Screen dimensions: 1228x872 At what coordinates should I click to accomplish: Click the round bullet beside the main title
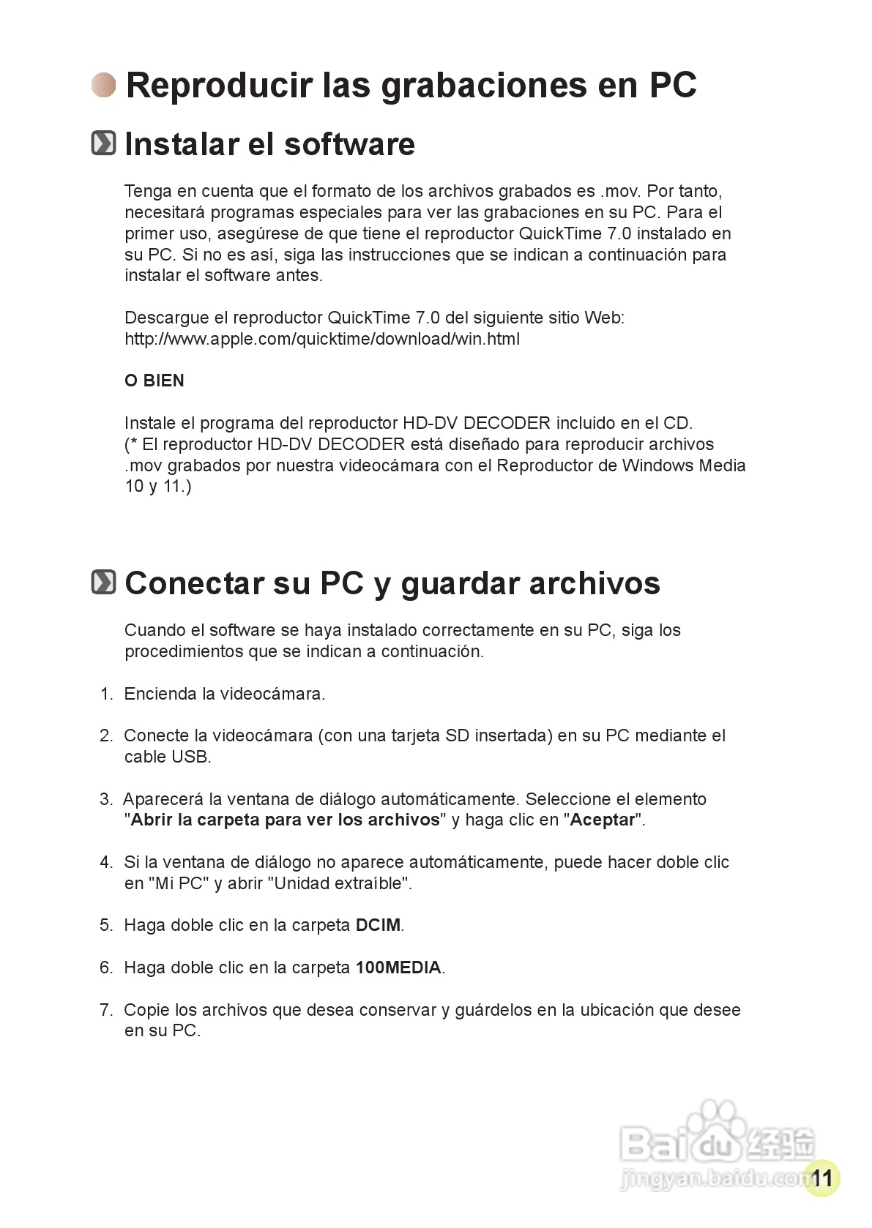(x=104, y=85)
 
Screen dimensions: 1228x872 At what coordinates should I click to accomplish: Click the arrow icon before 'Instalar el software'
(x=103, y=143)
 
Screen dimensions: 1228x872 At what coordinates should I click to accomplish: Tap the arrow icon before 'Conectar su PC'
(x=103, y=583)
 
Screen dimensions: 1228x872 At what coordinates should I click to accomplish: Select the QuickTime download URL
(x=322, y=339)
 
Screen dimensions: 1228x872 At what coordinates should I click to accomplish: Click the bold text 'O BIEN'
(x=154, y=381)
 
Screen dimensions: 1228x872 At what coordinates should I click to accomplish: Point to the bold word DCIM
(x=378, y=925)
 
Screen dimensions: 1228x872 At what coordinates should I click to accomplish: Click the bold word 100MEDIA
(x=398, y=967)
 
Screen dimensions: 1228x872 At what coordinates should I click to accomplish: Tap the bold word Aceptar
(x=602, y=820)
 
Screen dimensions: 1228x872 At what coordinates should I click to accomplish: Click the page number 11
(x=821, y=1178)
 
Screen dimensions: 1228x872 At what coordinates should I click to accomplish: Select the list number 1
(x=106, y=694)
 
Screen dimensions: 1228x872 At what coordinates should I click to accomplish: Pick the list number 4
(x=106, y=862)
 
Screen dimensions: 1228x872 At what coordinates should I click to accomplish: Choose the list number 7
(x=106, y=1010)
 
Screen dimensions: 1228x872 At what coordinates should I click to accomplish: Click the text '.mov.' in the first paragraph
(x=620, y=191)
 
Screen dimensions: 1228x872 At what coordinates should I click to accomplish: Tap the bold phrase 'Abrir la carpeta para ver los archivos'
(x=285, y=820)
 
